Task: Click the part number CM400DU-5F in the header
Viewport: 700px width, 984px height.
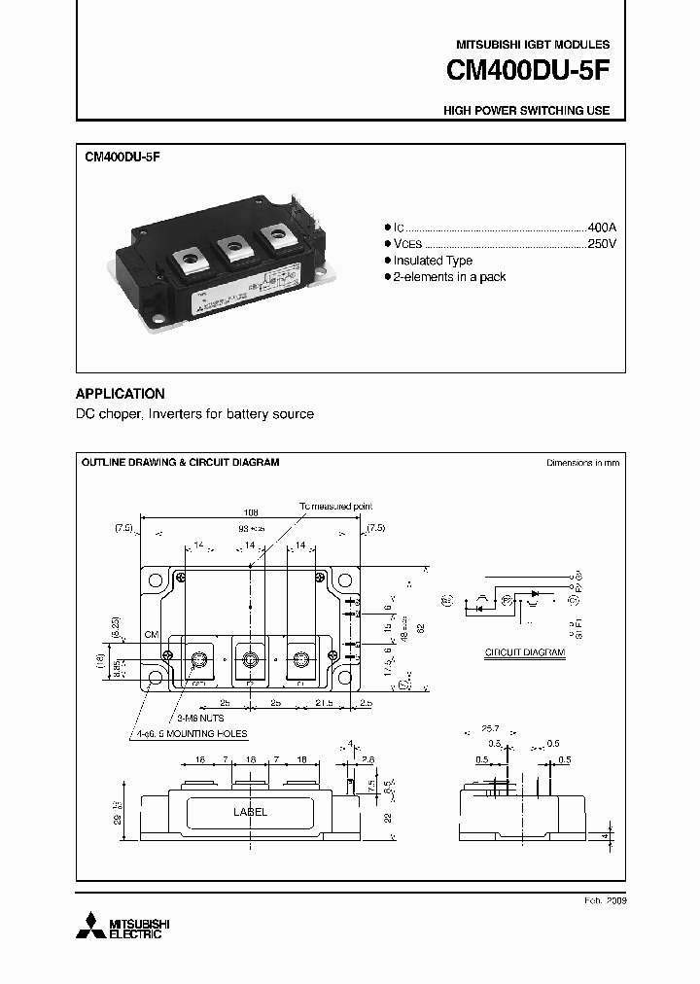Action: coord(528,72)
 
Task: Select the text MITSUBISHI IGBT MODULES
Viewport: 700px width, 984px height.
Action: coord(533,45)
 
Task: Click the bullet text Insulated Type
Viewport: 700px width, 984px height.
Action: coord(433,261)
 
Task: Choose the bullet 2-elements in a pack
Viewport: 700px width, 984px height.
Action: coord(449,277)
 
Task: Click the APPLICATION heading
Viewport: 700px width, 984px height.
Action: coord(121,394)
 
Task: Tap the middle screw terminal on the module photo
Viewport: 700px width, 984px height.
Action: coord(233,249)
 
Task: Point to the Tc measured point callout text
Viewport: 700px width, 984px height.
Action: coord(334,507)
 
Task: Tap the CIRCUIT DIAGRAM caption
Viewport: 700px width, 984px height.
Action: coord(525,652)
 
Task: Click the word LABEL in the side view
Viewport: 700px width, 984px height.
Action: coord(250,812)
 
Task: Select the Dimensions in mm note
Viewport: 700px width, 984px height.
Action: coord(582,463)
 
